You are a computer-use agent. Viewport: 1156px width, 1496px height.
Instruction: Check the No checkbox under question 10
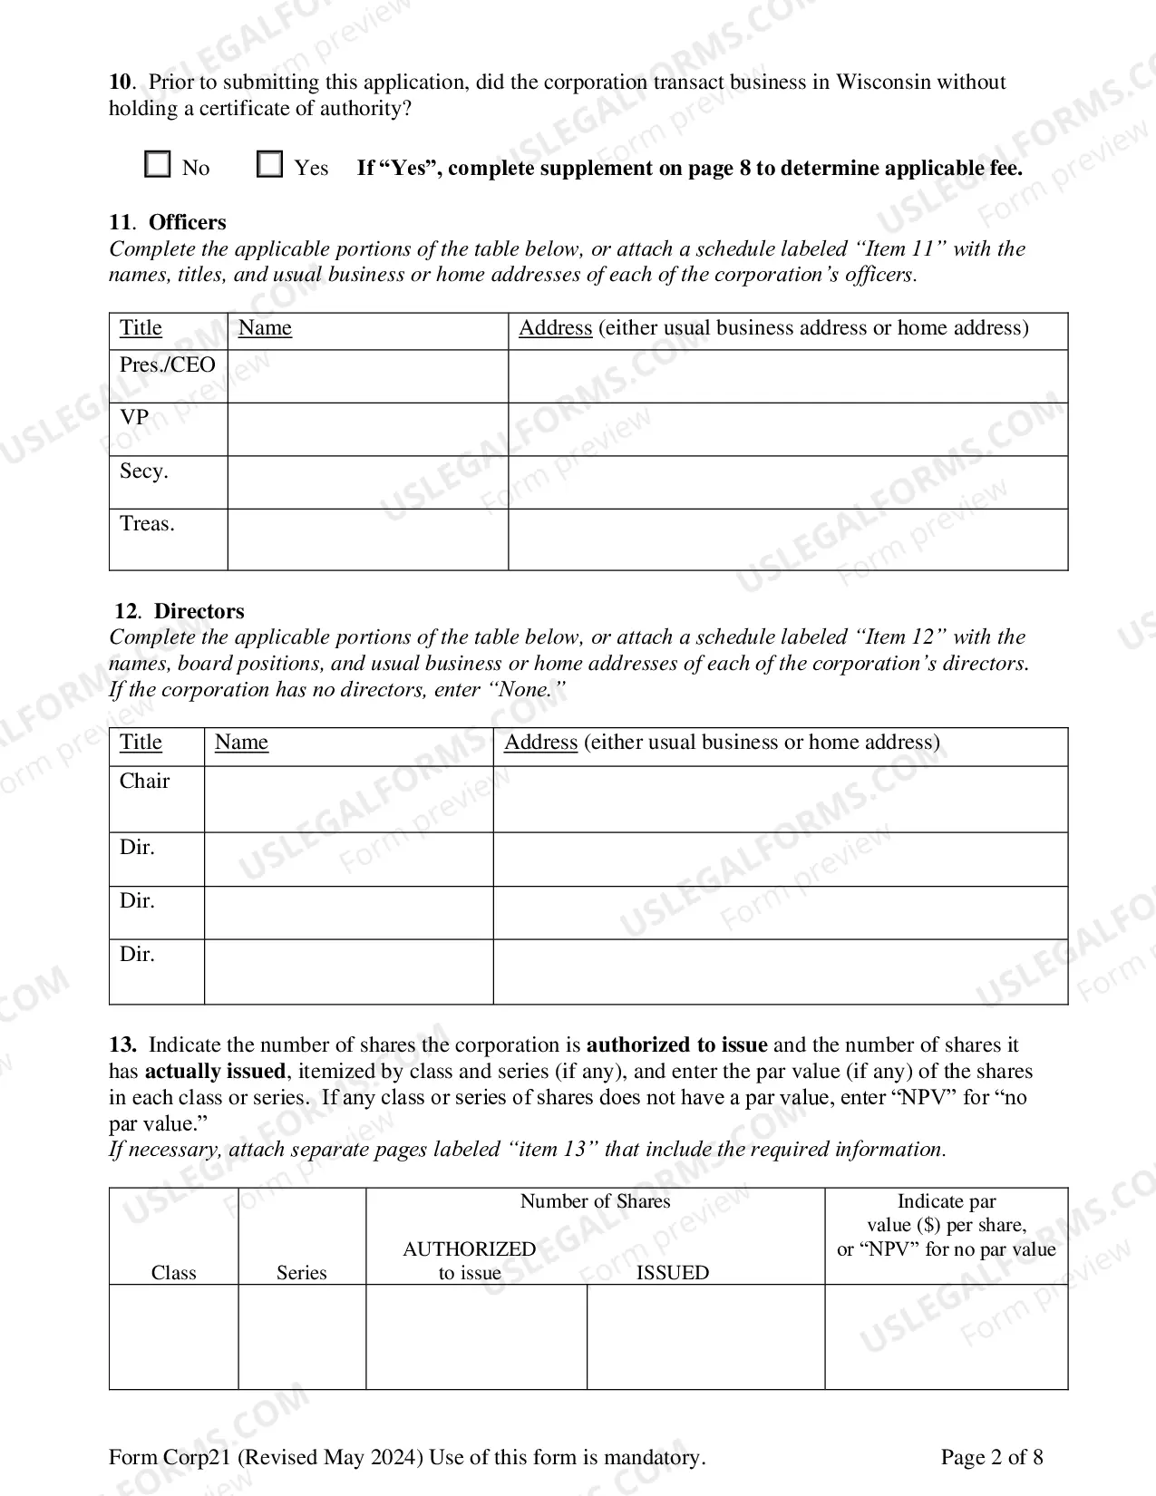tap(158, 165)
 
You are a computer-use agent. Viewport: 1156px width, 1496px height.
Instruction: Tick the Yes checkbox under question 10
tap(269, 165)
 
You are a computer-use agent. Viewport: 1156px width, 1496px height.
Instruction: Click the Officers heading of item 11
tap(187, 222)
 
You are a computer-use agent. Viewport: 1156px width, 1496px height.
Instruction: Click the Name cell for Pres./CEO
tap(367, 376)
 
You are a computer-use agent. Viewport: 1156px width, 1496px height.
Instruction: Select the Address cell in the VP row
tap(787, 429)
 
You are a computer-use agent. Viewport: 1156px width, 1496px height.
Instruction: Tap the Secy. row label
tap(144, 471)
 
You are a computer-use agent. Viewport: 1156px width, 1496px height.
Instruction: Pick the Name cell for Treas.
tap(367, 539)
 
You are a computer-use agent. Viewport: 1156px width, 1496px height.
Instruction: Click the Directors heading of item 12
tap(199, 611)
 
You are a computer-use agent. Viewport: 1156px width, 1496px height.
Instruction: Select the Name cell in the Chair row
tap(348, 799)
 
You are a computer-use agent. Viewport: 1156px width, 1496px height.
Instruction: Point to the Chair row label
tap(145, 782)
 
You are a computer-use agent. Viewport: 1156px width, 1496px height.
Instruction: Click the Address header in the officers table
tap(555, 328)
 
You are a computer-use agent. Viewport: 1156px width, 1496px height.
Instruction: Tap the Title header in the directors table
tap(141, 743)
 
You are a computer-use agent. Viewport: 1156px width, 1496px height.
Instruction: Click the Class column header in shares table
tap(173, 1273)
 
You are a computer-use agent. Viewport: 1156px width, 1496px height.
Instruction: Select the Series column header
tap(301, 1273)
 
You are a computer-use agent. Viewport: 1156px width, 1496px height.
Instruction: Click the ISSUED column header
tap(672, 1273)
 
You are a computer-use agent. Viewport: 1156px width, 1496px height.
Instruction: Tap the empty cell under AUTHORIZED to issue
tap(476, 1336)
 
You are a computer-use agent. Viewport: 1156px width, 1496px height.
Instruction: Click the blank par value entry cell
tap(946, 1336)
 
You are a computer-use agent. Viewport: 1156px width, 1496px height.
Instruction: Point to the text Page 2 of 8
tap(991, 1457)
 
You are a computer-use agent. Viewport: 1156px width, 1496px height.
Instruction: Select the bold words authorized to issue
tap(676, 1044)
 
